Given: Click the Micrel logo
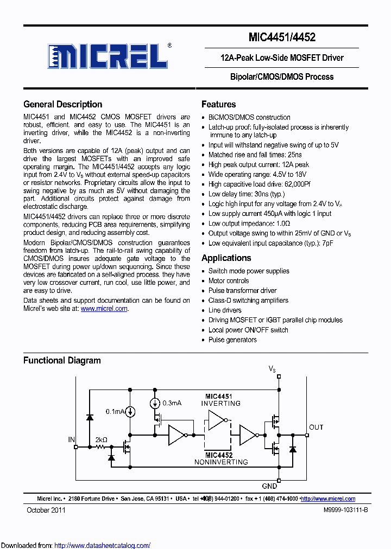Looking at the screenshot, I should pyautogui.click(x=107, y=56).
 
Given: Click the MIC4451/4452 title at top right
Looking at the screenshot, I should pyautogui.click(x=281, y=37).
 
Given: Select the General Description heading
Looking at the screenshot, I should pyautogui.click(x=62, y=105).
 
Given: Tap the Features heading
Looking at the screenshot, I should pyautogui.click(x=218, y=105).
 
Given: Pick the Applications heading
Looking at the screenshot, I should pyautogui.click(x=226, y=258).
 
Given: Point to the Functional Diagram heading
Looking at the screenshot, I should pyautogui.click(x=62, y=361).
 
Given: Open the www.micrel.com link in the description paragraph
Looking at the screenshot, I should pyautogui.click(x=104, y=309).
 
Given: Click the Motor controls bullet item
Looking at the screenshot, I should pyautogui.click(x=229, y=281).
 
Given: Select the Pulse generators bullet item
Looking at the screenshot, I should pyautogui.click(x=232, y=340).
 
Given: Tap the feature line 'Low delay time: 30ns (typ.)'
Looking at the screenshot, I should pyautogui.click(x=247, y=194).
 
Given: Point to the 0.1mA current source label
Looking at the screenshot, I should pyautogui.click(x=115, y=412).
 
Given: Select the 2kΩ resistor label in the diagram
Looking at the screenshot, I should pyautogui.click(x=101, y=439).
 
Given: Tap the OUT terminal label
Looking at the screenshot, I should pyautogui.click(x=316, y=427).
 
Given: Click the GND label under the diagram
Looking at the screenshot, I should pyautogui.click(x=269, y=487).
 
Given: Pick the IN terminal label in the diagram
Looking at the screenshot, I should pyautogui.click(x=71, y=439).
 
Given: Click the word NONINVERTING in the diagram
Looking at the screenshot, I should pyautogui.click(x=221, y=462).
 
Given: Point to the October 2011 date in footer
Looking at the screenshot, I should pyautogui.click(x=46, y=510).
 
